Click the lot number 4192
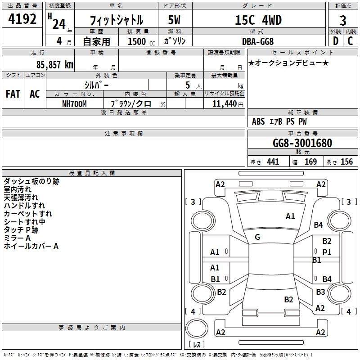22,19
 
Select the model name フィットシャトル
117,20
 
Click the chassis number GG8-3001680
302,143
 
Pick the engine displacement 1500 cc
137,42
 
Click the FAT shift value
13,94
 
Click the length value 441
273,162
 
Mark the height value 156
346,162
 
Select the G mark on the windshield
257,237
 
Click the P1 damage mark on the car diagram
327,252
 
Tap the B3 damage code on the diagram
320,292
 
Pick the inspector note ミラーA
17,238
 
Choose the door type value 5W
175,20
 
